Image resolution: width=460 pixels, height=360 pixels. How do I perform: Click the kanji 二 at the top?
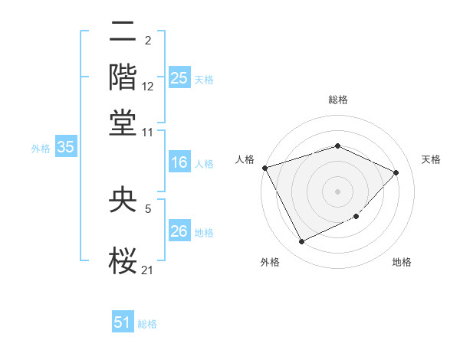pyautogui.click(x=123, y=33)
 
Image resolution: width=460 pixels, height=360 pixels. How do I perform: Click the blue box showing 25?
pyautogui.click(x=179, y=78)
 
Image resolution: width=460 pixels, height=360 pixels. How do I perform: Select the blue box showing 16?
pyautogui.click(x=179, y=162)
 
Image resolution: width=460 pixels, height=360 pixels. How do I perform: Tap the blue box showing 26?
pyautogui.click(x=179, y=231)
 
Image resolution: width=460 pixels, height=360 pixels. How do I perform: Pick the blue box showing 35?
pyautogui.click(x=65, y=148)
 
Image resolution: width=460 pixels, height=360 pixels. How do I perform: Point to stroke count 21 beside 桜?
pyautogui.click(x=148, y=270)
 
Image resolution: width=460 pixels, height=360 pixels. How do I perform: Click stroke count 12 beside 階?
pyautogui.click(x=148, y=87)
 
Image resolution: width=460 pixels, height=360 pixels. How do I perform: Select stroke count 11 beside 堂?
pyautogui.click(x=148, y=132)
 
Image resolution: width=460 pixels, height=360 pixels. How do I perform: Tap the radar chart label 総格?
pyautogui.click(x=338, y=100)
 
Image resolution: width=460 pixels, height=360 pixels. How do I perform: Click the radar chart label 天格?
pyautogui.click(x=431, y=159)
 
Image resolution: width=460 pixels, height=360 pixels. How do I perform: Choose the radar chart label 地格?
pyautogui.click(x=402, y=263)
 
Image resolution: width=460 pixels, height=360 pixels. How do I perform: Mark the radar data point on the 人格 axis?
pyautogui.click(x=264, y=168)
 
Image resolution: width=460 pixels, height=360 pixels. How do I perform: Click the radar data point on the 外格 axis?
pyautogui.click(x=301, y=242)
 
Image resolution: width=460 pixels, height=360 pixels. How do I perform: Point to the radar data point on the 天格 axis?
pyautogui.click(x=396, y=172)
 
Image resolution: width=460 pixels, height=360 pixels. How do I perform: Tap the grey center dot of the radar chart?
pyautogui.click(x=337, y=191)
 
